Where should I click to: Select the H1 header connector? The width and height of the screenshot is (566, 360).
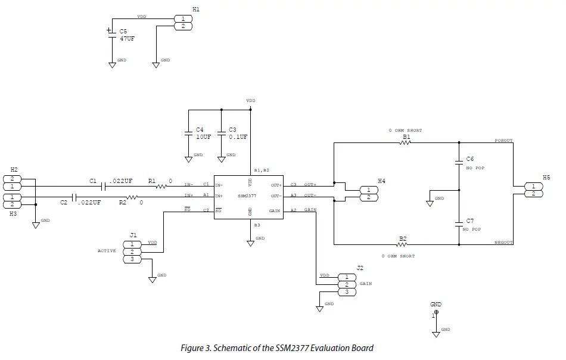[x=183, y=23]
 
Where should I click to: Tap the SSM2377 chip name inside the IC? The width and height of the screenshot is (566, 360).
[x=247, y=196]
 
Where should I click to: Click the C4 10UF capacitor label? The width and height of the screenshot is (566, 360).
[x=203, y=134]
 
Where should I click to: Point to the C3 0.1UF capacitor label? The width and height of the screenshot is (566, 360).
[x=237, y=134]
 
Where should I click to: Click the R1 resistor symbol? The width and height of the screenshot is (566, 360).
[x=162, y=187]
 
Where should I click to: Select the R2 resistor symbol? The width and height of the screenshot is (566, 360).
[x=132, y=197]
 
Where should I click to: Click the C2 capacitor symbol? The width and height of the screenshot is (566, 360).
[x=74, y=197]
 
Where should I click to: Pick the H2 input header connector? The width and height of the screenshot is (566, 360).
[x=13, y=182]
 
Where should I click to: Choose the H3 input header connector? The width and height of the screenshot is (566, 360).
[x=13, y=201]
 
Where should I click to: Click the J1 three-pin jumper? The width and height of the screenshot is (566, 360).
[x=132, y=252]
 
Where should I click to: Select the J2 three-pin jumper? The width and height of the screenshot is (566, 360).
[x=347, y=284]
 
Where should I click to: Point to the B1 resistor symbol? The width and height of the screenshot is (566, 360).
[x=406, y=143]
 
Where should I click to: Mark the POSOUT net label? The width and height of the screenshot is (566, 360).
[x=503, y=141]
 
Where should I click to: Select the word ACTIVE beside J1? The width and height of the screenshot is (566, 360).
[x=107, y=251]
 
